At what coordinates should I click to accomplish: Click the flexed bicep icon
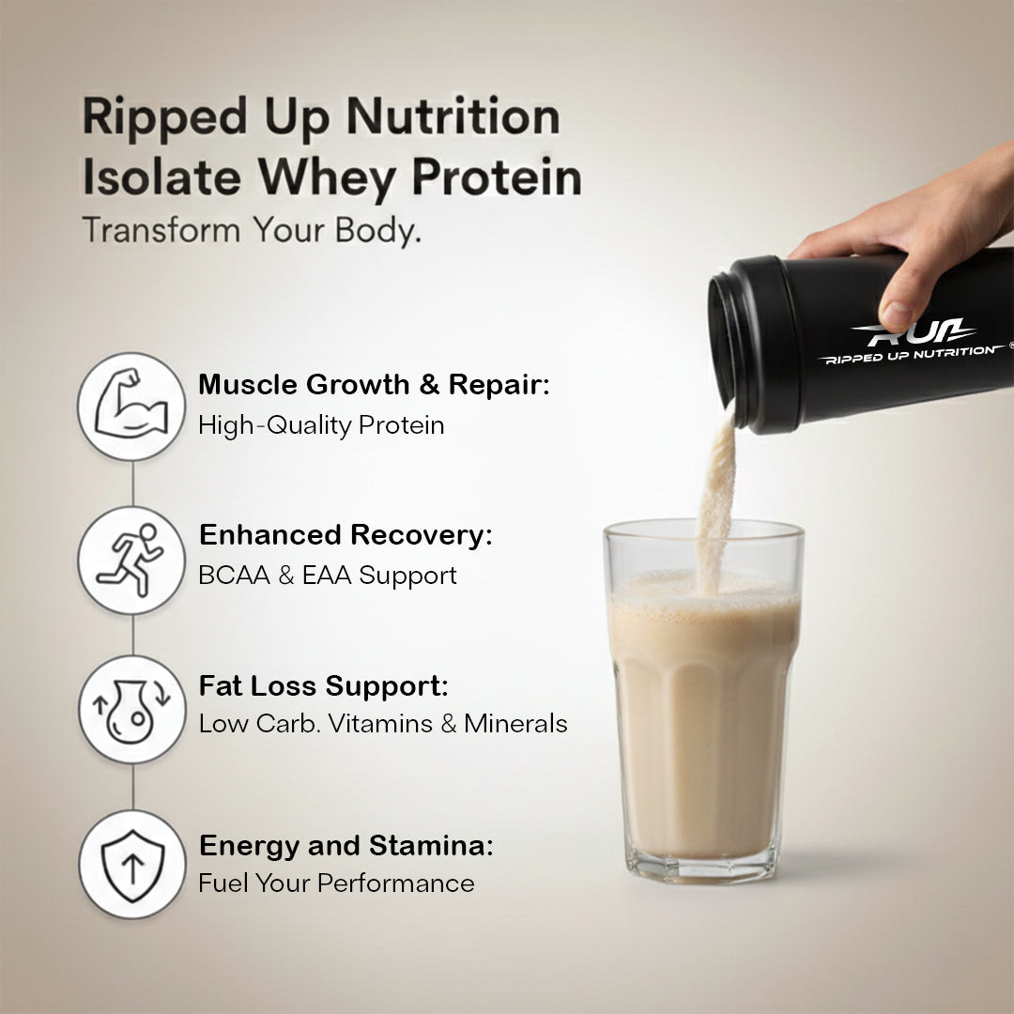tap(131, 407)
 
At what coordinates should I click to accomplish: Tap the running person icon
tap(131, 560)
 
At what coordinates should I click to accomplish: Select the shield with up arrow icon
tap(132, 866)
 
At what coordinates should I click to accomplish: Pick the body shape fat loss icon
tap(131, 712)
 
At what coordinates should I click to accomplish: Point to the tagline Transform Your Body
tap(253, 230)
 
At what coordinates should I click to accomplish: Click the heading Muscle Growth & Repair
tap(374, 384)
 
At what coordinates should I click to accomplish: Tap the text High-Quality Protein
tap(321, 425)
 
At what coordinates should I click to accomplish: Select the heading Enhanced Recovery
tap(346, 535)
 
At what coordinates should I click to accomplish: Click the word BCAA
tap(234, 575)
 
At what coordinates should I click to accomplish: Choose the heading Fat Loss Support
tap(323, 685)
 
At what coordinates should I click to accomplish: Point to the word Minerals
tap(515, 724)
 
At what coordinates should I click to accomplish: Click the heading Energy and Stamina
tap(346, 845)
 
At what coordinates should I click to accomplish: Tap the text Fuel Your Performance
tap(336, 883)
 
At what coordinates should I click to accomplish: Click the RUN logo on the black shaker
tap(913, 333)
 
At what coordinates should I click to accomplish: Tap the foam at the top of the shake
tap(704, 590)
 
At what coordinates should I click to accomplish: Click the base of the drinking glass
tap(701, 867)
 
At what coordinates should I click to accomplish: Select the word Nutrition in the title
tap(453, 117)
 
